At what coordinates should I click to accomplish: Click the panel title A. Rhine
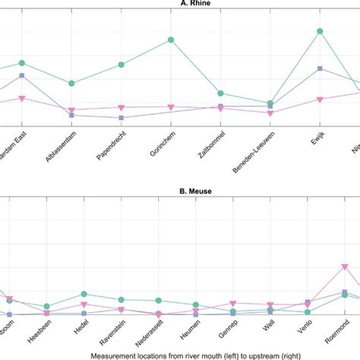tap(179, 5)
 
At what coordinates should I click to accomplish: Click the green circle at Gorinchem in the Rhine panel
tap(171, 39)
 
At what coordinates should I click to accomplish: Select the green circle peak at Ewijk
tap(320, 31)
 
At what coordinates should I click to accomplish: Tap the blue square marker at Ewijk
tap(320, 69)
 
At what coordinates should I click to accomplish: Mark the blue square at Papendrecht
tap(122, 118)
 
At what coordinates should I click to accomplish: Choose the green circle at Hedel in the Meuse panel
tap(84, 294)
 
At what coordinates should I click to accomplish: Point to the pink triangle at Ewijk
tap(320, 99)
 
